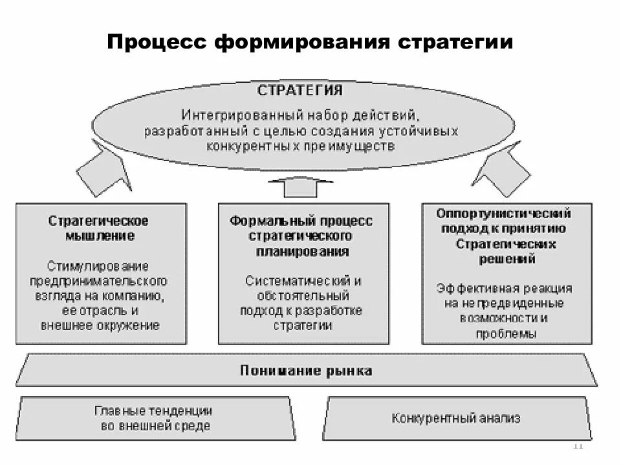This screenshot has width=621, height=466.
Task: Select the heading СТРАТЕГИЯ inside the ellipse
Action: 300,90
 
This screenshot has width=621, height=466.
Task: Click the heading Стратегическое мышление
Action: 99,228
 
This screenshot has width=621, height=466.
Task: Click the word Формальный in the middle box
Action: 263,221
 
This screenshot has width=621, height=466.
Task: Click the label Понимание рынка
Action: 306,371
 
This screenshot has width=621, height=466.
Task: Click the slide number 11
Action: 578,446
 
